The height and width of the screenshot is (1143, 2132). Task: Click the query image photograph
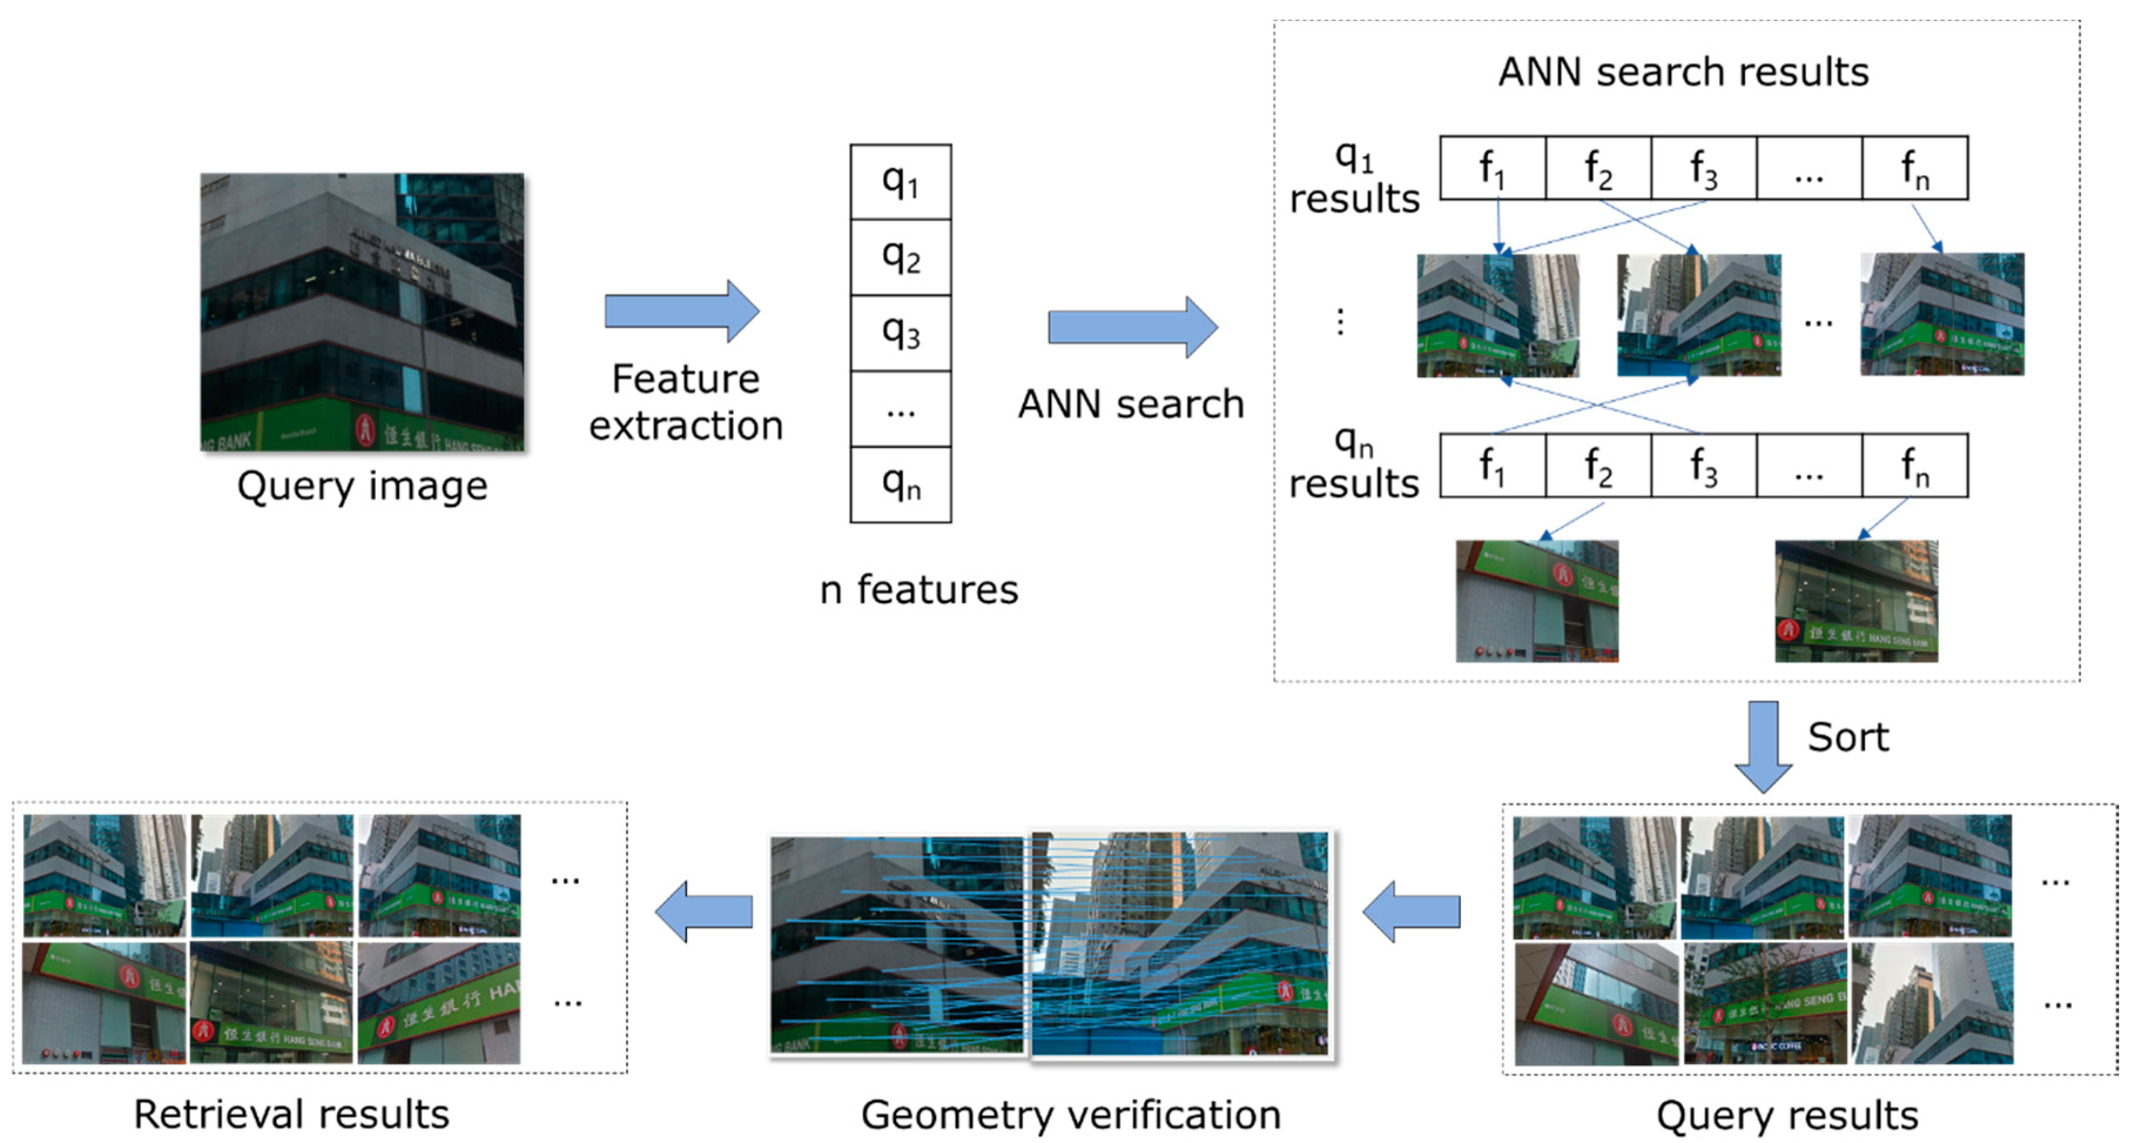pos(362,311)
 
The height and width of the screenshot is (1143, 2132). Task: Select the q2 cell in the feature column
pos(901,257)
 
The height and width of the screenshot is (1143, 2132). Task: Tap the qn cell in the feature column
pos(901,484)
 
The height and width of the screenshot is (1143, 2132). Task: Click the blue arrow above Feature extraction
pos(681,311)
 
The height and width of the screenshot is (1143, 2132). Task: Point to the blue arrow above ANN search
pos(1131,327)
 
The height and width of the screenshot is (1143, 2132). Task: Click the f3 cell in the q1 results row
pos(1703,169)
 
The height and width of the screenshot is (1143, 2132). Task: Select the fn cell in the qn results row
pos(1914,466)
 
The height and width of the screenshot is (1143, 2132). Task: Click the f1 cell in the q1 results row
pos(1492,169)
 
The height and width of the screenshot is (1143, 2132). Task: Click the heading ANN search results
pos(1683,72)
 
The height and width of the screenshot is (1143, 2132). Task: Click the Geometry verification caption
pos(1070,1114)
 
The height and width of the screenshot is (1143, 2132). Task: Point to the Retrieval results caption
pos(291,1114)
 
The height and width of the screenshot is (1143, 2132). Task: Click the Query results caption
pos(1787,1115)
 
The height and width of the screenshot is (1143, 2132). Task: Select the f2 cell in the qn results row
pos(1598,466)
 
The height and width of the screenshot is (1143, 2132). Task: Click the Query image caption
pos(362,486)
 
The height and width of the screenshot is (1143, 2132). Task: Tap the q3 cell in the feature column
pos(901,332)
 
